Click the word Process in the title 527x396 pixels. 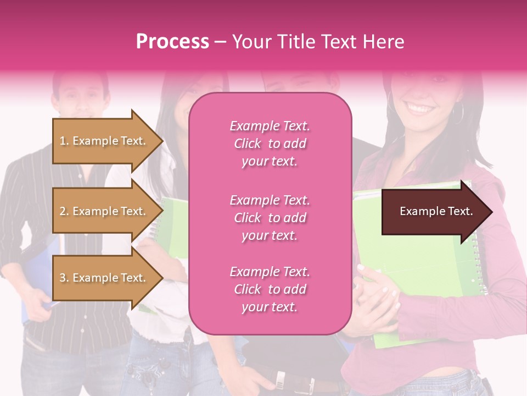point(172,42)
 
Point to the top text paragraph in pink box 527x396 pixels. point(270,144)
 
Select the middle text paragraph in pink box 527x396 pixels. point(270,218)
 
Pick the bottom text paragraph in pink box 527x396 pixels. point(270,289)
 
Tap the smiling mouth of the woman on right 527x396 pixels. point(421,107)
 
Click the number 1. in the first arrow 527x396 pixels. point(64,141)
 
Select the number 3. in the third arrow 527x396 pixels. point(64,278)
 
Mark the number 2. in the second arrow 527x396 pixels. point(64,211)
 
